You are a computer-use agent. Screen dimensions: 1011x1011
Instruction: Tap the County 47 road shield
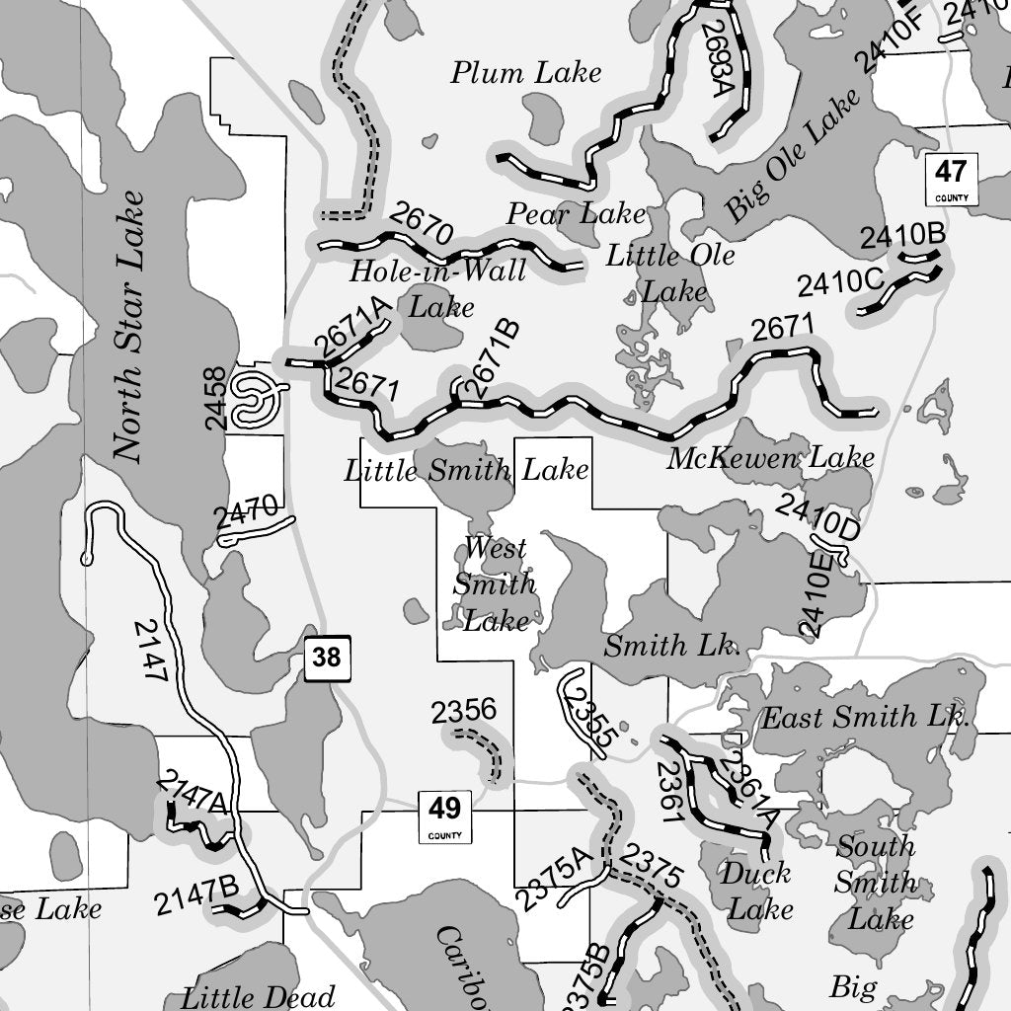(951, 179)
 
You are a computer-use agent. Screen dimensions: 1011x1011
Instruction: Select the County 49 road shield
(444, 817)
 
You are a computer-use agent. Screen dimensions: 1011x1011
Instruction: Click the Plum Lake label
(526, 72)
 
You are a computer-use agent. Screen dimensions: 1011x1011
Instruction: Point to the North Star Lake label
(128, 326)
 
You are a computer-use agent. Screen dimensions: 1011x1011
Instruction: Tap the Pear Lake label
(576, 213)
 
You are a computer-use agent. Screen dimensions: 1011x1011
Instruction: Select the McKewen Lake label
(770, 458)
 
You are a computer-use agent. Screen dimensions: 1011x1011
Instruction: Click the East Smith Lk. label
(865, 718)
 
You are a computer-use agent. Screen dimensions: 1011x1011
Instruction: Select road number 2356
(464, 711)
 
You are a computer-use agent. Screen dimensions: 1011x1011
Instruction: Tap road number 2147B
(196, 895)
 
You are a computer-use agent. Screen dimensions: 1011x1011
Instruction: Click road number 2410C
(840, 283)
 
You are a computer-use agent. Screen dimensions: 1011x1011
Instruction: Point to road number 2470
(245, 514)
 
